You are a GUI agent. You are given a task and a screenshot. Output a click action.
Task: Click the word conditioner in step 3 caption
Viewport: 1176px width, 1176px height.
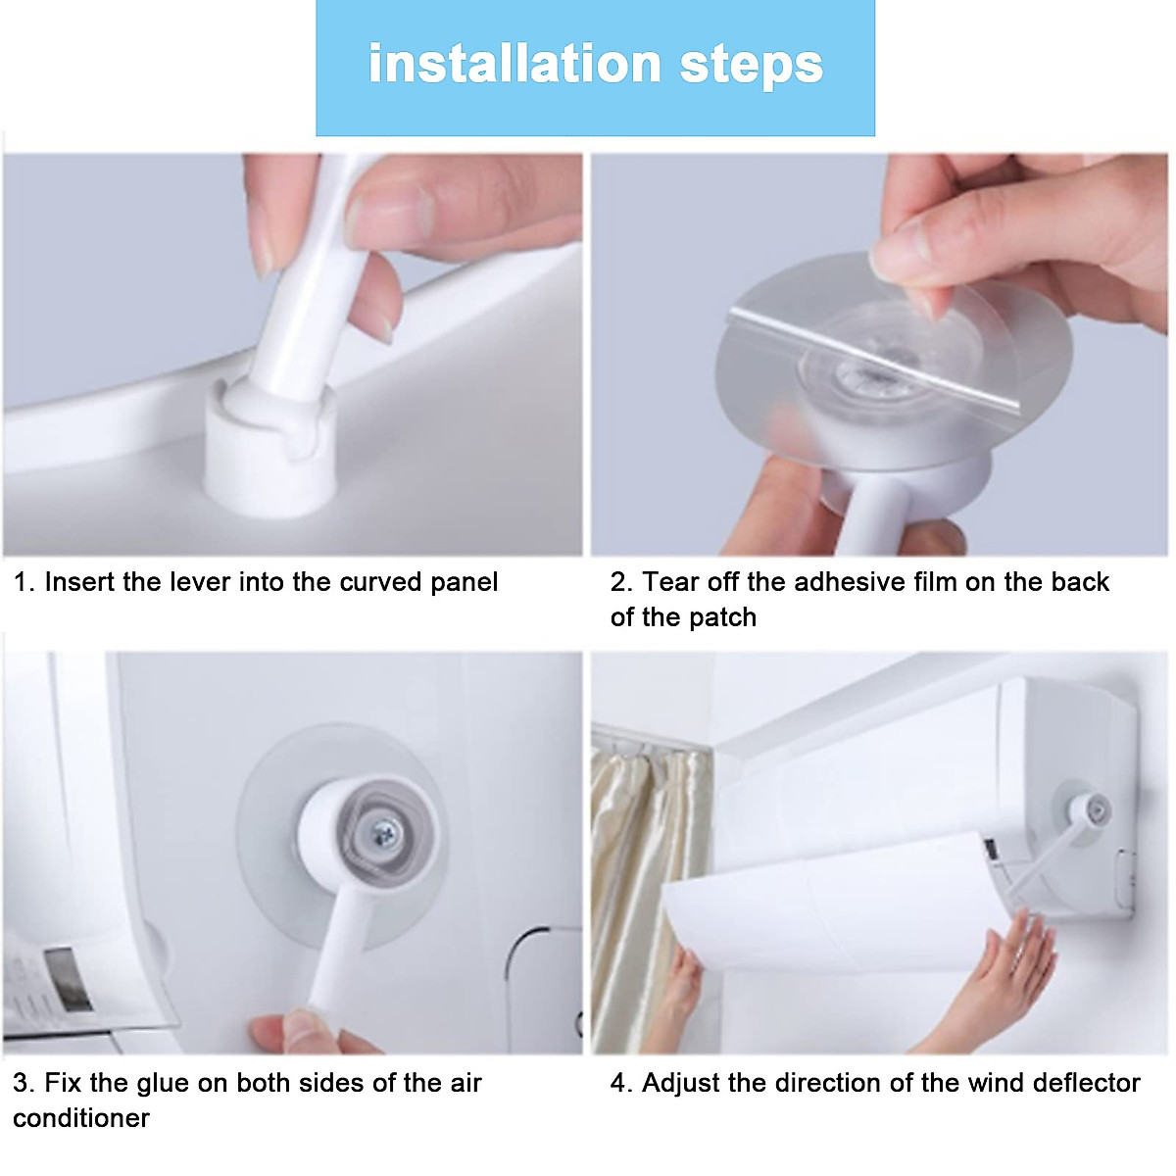pos(81,1118)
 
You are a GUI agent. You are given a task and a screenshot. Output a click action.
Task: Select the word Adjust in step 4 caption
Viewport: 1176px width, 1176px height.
pos(682,1083)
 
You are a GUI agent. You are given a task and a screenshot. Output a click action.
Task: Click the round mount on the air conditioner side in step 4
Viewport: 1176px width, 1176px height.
pos(1088,809)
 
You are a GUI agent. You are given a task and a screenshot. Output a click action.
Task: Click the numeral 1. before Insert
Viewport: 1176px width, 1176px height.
pos(24,582)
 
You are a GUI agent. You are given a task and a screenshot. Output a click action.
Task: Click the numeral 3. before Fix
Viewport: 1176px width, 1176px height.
pos(24,1083)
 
